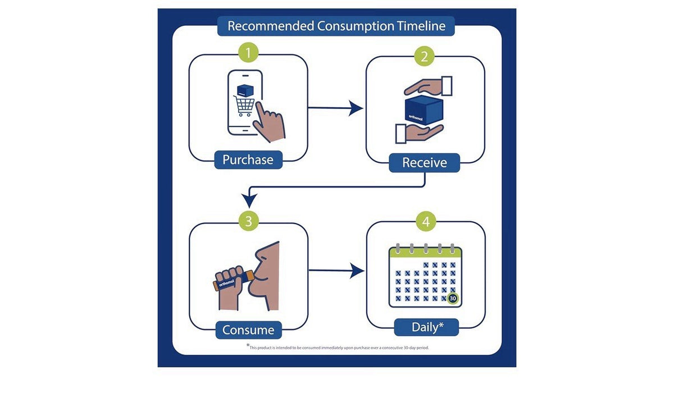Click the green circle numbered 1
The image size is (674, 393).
tap(248, 53)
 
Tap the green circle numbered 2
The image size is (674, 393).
tap(424, 56)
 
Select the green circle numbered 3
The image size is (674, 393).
tap(248, 221)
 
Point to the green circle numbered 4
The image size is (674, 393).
tap(426, 222)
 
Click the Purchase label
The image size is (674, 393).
tap(248, 159)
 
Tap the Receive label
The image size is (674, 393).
tap(424, 163)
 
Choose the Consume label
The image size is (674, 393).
tap(248, 330)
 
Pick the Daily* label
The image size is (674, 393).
tap(427, 327)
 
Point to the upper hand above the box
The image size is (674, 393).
tap(428, 86)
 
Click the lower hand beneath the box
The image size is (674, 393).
tap(419, 133)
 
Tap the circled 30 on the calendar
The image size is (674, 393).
tap(453, 298)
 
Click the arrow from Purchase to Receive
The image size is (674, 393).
tap(335, 108)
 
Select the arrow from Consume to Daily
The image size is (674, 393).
tap(336, 270)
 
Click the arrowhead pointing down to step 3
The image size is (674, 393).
tap(249, 200)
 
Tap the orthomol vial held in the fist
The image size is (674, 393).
tap(234, 280)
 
